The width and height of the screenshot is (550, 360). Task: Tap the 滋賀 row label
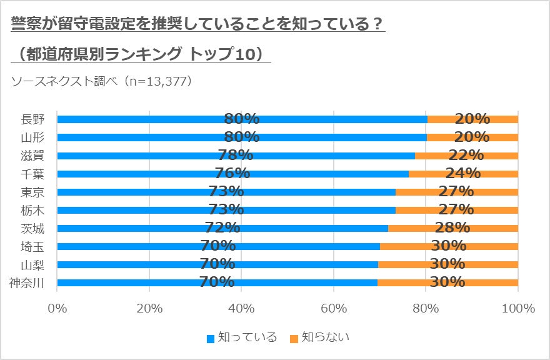tap(32, 156)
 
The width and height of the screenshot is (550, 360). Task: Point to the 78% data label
tap(236, 156)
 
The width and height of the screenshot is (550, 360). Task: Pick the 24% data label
tap(463, 174)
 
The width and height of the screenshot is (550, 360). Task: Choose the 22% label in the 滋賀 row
tap(466, 156)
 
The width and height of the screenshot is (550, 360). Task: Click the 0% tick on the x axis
tap(57, 309)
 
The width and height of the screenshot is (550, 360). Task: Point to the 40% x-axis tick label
tap(241, 309)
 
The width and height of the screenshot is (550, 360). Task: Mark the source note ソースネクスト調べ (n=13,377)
tap(101, 81)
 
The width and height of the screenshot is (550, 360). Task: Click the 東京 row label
tap(32, 192)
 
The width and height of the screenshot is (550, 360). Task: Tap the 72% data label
tap(222, 228)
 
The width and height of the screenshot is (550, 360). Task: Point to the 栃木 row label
tap(32, 210)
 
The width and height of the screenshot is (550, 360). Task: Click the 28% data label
tap(453, 228)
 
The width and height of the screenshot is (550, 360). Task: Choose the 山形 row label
tap(32, 137)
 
